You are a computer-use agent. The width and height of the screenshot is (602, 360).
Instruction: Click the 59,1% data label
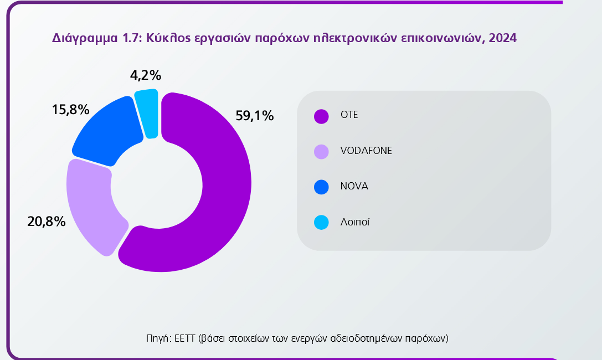255,116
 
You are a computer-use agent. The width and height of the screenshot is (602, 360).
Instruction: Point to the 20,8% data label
47,222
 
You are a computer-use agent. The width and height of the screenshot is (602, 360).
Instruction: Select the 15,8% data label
70,110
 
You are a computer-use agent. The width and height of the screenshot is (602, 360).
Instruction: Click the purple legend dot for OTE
321,116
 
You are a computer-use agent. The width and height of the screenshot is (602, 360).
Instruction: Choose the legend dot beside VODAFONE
321,151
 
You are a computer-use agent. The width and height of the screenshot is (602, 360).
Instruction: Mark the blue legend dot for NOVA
321,187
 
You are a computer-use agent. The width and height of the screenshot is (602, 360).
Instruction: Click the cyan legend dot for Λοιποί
321,222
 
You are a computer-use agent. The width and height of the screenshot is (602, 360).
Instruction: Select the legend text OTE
349,115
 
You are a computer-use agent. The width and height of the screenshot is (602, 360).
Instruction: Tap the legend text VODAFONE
366,151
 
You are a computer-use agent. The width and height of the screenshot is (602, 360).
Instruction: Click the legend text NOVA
354,186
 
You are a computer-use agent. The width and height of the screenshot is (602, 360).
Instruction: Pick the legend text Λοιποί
355,222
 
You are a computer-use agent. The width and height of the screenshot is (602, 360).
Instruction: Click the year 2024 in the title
503,38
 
